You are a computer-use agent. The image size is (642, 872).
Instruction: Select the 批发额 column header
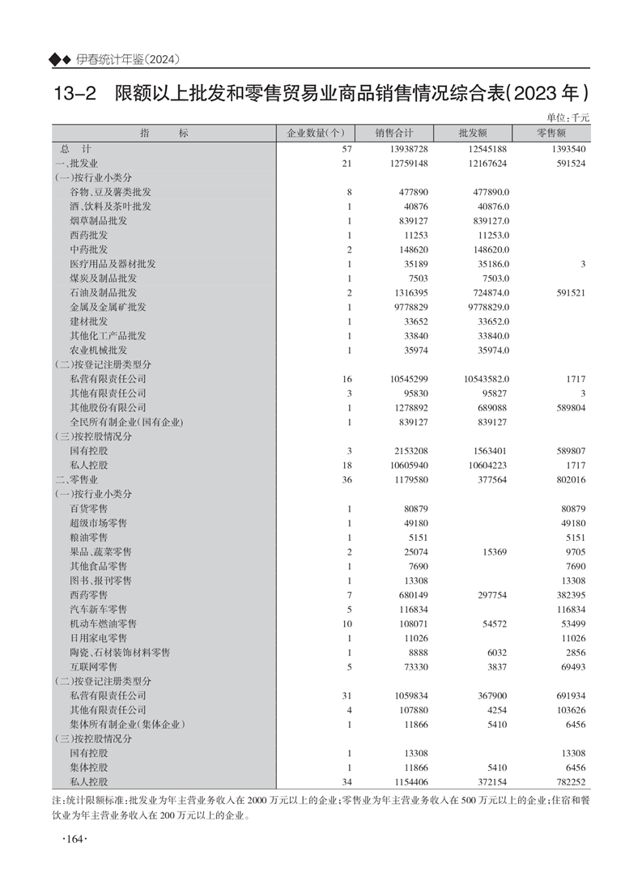coord(472,134)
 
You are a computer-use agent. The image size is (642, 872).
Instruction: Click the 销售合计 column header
coord(394,134)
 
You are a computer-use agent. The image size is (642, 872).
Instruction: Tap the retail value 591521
coord(570,292)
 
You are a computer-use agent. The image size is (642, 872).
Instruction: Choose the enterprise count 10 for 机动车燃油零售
coord(348,624)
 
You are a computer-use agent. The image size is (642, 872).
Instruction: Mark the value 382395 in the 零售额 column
coord(570,595)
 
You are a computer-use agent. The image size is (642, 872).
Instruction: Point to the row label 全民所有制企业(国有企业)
coord(126,422)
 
